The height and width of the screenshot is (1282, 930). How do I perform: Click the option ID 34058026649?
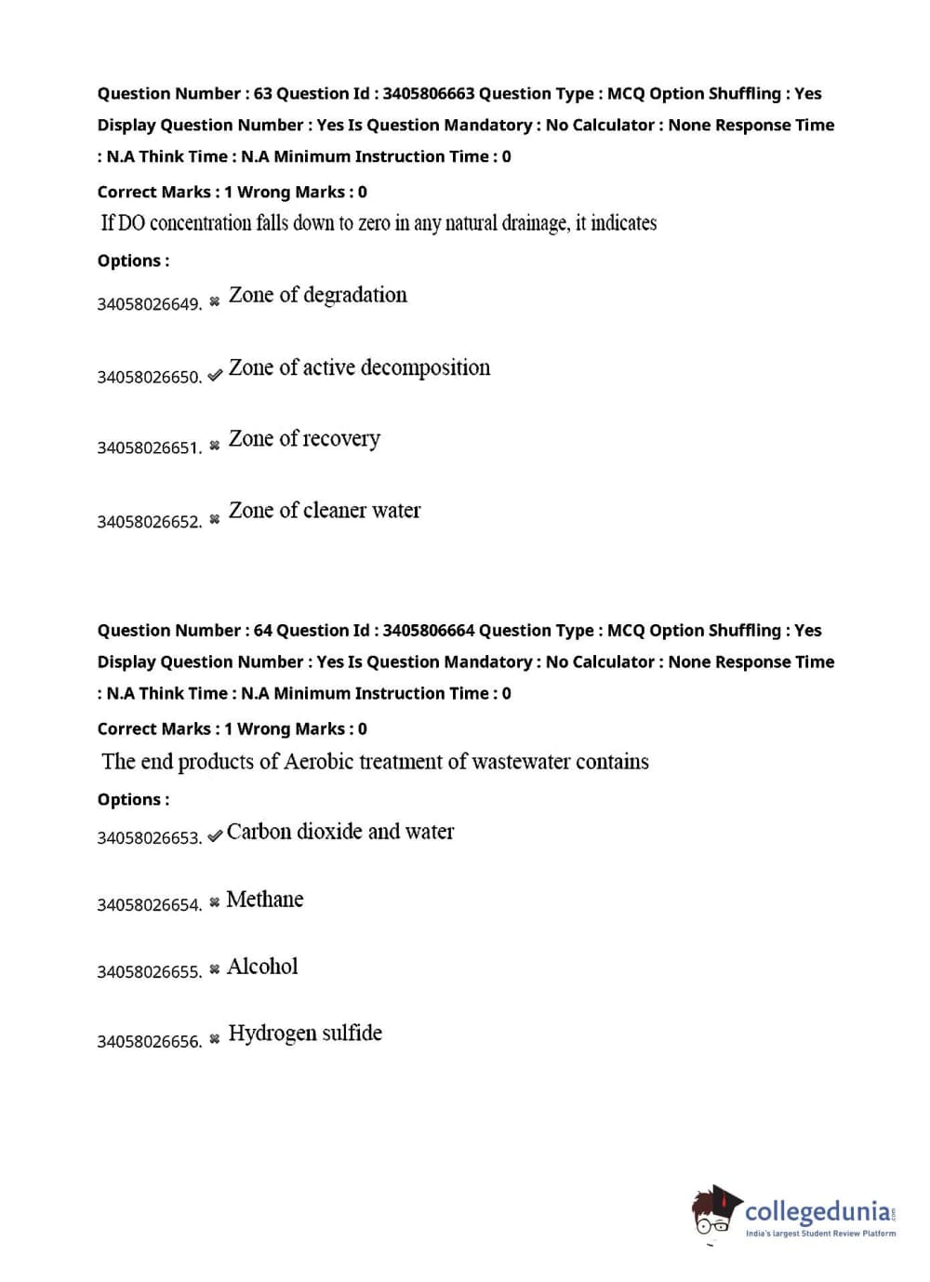click(149, 304)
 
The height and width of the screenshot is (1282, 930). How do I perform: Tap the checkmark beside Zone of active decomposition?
click(215, 375)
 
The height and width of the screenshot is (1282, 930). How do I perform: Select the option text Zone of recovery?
click(304, 438)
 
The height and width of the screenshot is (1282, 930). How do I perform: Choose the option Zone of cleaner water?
click(325, 510)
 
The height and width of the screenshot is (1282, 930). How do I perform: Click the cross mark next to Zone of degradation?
click(215, 300)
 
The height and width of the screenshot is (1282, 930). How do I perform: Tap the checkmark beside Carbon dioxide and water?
click(215, 835)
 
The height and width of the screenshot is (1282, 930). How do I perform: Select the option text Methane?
click(265, 899)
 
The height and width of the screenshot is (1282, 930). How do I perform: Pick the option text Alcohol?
click(262, 967)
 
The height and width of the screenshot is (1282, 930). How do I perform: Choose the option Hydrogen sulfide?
click(305, 1034)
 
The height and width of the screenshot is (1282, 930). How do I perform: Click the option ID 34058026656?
click(149, 1041)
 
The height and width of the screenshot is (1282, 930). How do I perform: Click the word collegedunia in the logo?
click(817, 1211)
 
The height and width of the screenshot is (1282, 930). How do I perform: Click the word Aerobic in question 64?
click(319, 762)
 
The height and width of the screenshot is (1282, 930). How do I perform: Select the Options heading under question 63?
click(133, 260)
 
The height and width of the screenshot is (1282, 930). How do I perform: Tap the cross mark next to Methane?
click(215, 901)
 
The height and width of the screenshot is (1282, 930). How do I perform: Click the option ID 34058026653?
click(149, 837)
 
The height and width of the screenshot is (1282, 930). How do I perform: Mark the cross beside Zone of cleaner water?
click(215, 518)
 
